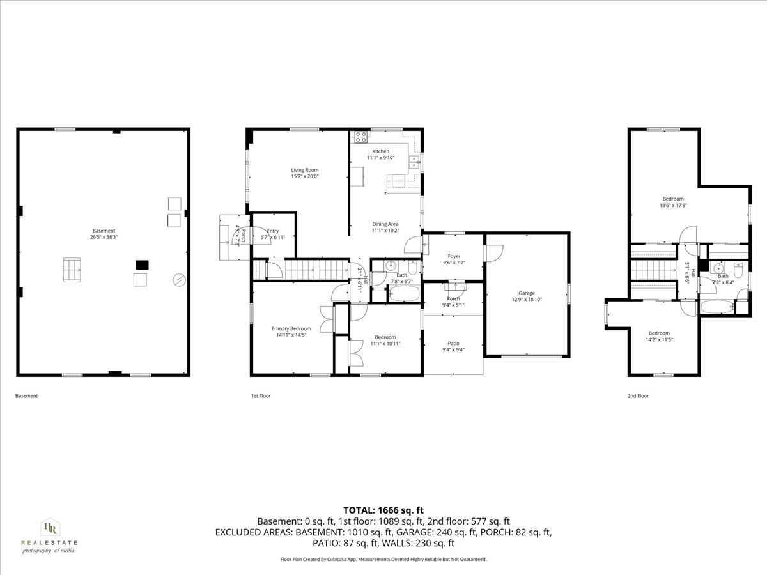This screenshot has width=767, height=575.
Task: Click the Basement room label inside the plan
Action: point(104,231)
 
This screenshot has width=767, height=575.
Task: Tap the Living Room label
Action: point(304,170)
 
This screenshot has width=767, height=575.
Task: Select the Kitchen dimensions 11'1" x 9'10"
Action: point(380,158)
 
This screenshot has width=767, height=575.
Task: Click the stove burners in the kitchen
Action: point(360,137)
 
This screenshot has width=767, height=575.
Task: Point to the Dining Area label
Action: point(385,224)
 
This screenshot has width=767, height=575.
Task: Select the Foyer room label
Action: point(454,256)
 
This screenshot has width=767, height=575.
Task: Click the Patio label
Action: point(453,343)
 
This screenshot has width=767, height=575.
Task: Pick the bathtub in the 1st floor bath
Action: point(403,294)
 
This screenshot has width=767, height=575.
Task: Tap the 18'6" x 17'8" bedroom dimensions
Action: point(672,206)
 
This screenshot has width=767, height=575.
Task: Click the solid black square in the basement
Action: point(142,264)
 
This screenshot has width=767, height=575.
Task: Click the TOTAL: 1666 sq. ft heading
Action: point(383,510)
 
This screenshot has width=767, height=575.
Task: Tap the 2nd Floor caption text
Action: point(637,396)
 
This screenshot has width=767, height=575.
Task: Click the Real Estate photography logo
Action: point(49,535)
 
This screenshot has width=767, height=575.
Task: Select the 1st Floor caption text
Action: point(260,396)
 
